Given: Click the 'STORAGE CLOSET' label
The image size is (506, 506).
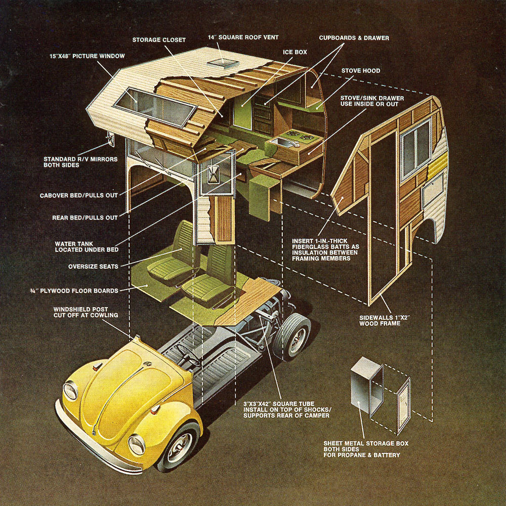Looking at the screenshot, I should pyautogui.click(x=159, y=39).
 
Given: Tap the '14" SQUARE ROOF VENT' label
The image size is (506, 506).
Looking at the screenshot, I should pyautogui.click(x=243, y=37).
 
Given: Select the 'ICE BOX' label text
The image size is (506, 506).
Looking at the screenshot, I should pyautogui.click(x=294, y=52).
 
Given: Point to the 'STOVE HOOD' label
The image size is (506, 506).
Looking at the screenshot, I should pyautogui.click(x=360, y=71).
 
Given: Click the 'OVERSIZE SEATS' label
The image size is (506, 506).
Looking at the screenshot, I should pyautogui.click(x=93, y=267).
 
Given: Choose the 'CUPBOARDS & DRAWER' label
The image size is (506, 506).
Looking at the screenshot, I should pyautogui.click(x=354, y=38).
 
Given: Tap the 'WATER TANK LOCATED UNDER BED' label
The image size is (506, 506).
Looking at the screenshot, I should pyautogui.click(x=87, y=246).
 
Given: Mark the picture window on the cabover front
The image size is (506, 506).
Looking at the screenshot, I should pyautogui.click(x=154, y=107).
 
